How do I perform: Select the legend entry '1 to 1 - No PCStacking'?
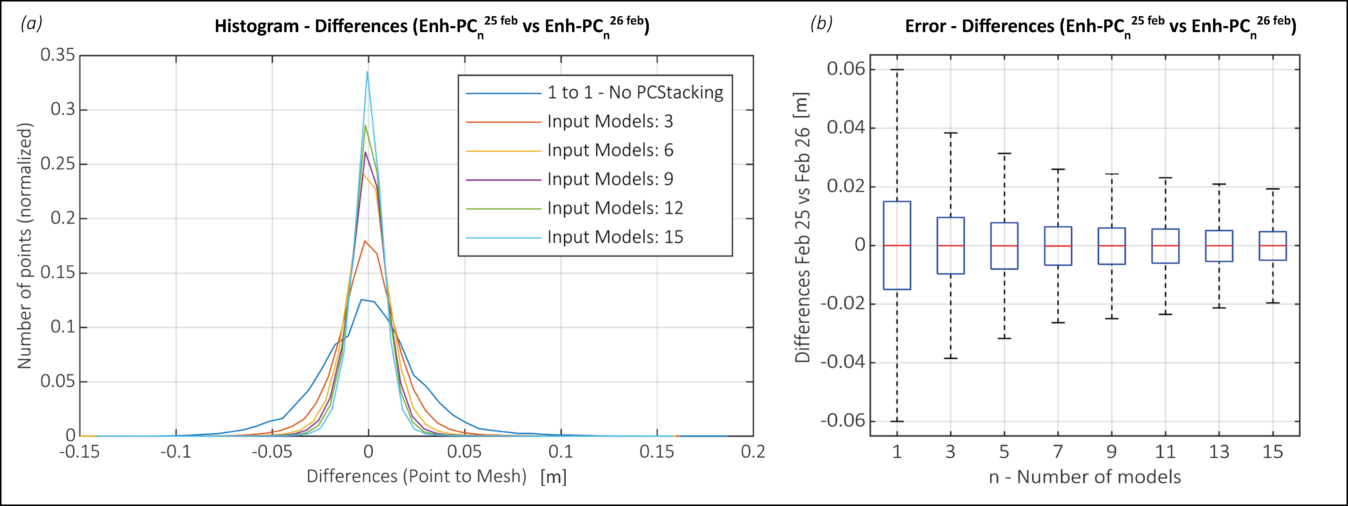[x=635, y=93]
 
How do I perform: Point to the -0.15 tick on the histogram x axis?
[x=79, y=451]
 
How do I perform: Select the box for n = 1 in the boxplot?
[x=897, y=246]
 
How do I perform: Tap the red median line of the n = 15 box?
[x=1273, y=246]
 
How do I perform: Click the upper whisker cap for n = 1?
[x=897, y=70]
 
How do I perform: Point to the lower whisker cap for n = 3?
[x=950, y=359]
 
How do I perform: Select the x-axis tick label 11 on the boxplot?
[x=1165, y=451]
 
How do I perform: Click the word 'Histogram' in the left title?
[x=256, y=26]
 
